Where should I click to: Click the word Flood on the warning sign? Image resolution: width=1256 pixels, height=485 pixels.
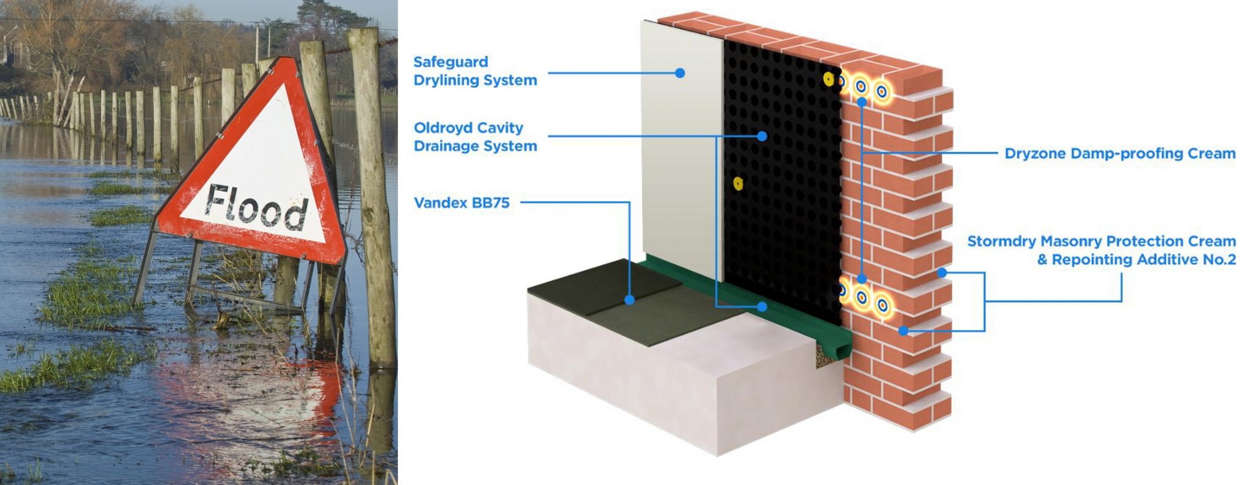[x=256, y=207]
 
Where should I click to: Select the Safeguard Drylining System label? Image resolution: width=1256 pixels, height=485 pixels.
[x=475, y=71]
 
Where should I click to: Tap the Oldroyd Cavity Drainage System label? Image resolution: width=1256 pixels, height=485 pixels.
[x=475, y=137]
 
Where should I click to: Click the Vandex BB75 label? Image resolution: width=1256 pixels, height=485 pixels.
[x=461, y=203]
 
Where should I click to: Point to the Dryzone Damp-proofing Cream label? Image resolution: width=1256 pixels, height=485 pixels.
[x=1119, y=153]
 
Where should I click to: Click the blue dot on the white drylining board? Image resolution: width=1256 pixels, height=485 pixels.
[x=680, y=72]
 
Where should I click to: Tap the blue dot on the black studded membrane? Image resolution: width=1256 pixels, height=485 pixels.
[x=762, y=136]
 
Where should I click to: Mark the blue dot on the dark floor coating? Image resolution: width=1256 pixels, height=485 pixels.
[x=629, y=300]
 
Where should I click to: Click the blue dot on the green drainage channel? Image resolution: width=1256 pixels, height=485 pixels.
[x=762, y=306]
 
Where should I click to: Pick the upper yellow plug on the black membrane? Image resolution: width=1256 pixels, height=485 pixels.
[x=829, y=79]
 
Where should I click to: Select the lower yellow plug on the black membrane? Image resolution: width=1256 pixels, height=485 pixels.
[x=738, y=182]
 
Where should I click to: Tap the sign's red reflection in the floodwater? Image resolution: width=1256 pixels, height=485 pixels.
[x=258, y=393]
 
